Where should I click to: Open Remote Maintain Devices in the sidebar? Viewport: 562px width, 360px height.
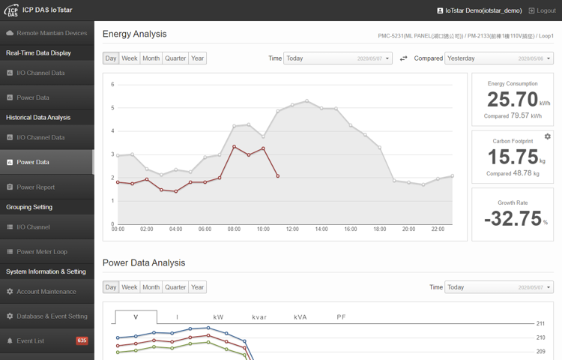(x=52, y=33)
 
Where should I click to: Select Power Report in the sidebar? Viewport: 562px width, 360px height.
(x=35, y=187)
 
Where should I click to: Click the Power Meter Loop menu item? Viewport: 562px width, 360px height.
(x=42, y=251)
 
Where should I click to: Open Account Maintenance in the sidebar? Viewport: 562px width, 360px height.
(x=46, y=292)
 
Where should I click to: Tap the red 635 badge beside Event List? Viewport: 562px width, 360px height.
(x=82, y=340)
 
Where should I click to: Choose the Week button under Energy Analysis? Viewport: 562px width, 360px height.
(x=130, y=58)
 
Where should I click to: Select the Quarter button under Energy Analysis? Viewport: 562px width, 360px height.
(x=175, y=58)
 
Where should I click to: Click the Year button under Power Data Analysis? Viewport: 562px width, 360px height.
(x=197, y=287)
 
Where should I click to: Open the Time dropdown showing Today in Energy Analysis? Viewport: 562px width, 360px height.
(x=338, y=58)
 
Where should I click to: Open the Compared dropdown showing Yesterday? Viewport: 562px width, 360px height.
(x=499, y=58)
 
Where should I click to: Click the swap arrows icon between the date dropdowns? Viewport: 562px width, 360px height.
(x=403, y=58)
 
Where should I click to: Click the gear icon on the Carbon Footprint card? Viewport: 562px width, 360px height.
(x=547, y=136)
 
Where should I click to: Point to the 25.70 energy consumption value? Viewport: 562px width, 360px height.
(x=513, y=100)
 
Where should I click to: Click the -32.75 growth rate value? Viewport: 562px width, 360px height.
(x=512, y=218)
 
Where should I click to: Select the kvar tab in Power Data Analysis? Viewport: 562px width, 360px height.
(x=259, y=317)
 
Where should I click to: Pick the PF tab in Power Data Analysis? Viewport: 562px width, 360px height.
(x=342, y=317)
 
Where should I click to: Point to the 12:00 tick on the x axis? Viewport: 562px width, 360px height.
(x=292, y=229)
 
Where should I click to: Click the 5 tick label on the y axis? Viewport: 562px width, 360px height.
(x=112, y=108)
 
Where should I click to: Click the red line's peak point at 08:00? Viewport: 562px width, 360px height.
(x=235, y=146)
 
